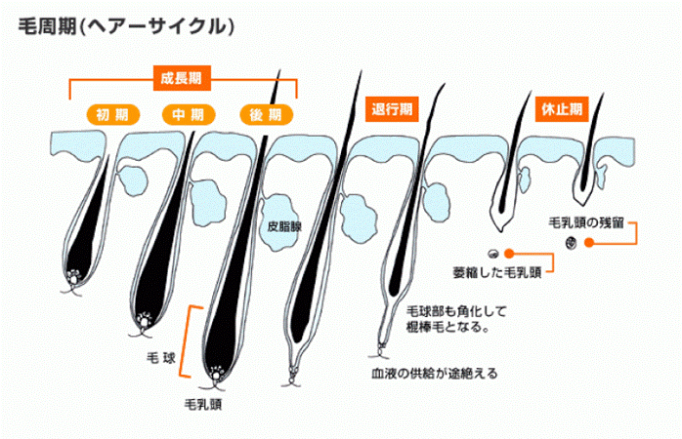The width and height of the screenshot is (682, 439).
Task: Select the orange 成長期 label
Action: coord(183,75)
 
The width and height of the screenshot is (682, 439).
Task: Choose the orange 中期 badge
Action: coord(183,115)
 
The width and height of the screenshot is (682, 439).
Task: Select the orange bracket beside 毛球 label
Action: coord(192,332)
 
